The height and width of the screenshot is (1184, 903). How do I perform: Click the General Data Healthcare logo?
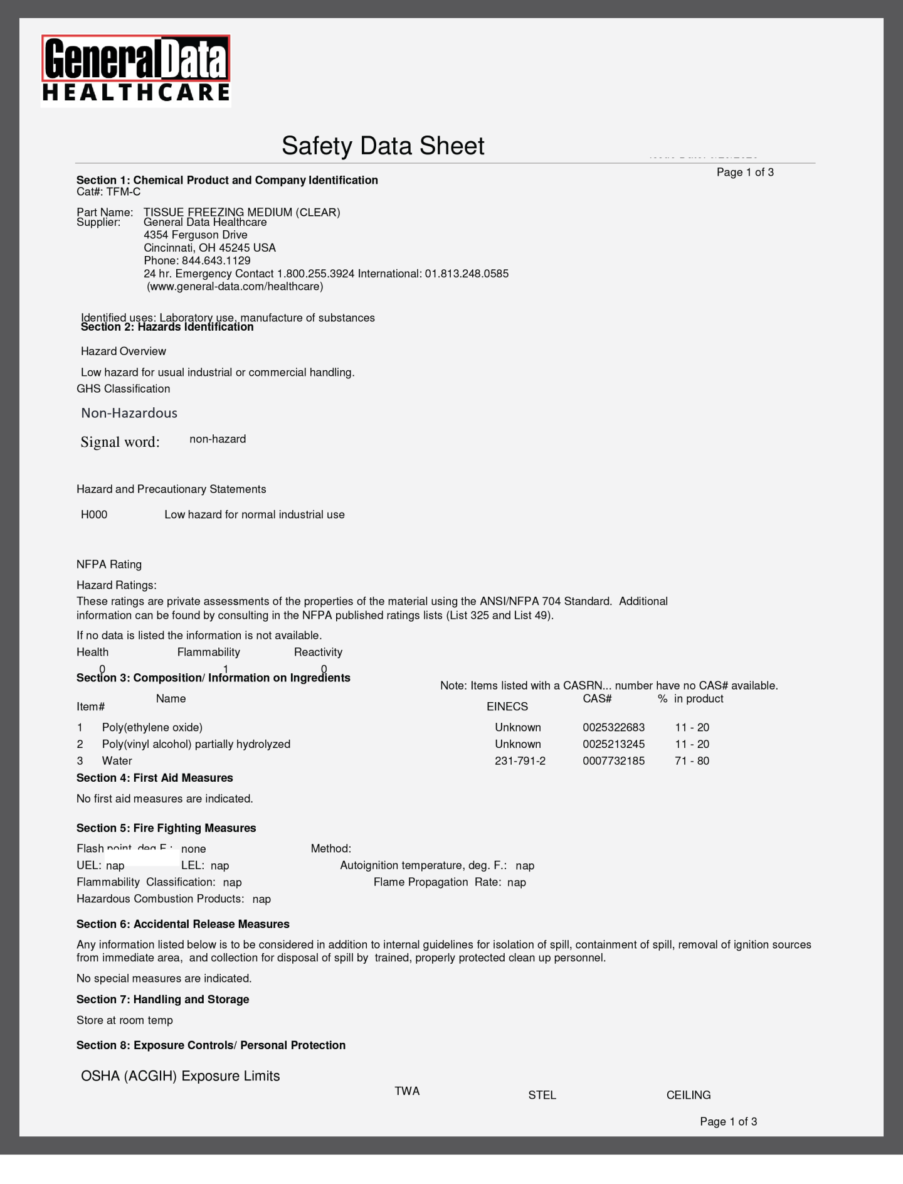(136, 70)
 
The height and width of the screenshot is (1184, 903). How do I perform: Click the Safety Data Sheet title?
(383, 146)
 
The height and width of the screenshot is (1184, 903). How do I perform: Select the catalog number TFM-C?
(123, 192)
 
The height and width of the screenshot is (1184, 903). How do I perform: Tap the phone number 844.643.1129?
(216, 260)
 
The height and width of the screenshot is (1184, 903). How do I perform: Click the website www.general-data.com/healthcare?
(235, 287)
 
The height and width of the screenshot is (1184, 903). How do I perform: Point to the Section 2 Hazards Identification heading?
(167, 327)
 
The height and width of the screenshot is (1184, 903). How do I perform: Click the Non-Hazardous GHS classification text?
(129, 413)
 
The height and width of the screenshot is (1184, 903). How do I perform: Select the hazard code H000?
(94, 515)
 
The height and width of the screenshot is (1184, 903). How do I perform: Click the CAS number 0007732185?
(613, 761)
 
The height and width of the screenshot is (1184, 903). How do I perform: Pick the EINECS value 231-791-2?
(520, 761)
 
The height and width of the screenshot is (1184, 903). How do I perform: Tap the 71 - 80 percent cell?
(692, 761)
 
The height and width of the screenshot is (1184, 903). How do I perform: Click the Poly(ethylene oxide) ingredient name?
(152, 728)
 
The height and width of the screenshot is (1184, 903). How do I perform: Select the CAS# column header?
(597, 699)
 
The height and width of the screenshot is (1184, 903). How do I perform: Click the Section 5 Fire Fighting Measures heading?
(166, 828)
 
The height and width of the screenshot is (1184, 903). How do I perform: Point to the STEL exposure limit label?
(542, 1095)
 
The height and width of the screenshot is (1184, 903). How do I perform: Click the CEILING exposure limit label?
(688, 1095)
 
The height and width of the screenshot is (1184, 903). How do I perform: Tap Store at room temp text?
(125, 1020)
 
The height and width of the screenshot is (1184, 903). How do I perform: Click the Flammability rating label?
(208, 653)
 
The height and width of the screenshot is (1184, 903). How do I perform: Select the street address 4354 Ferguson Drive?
(196, 235)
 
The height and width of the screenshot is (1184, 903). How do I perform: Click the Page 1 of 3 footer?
(728, 1121)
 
